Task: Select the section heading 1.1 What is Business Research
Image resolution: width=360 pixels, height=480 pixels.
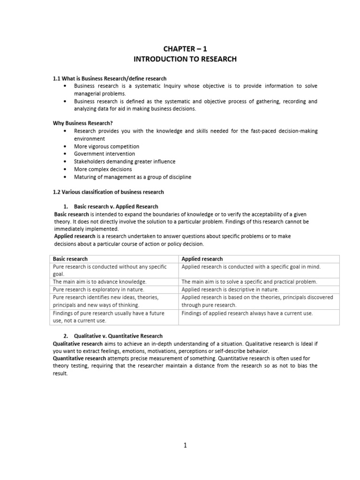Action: (x=109, y=78)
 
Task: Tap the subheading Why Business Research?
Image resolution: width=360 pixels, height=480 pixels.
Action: (x=83, y=123)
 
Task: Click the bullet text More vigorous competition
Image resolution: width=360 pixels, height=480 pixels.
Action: (x=106, y=146)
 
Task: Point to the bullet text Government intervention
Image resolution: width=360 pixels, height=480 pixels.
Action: (x=104, y=154)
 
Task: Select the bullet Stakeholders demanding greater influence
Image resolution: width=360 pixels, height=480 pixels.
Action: (x=124, y=161)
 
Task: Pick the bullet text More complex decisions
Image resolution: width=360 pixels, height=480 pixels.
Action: (x=103, y=169)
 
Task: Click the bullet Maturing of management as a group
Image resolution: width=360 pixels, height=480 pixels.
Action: (x=132, y=177)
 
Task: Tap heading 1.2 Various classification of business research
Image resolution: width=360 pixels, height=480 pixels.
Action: (x=108, y=192)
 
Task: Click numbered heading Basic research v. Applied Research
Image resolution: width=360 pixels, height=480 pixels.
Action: (x=116, y=206)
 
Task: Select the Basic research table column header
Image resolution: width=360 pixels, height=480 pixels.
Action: (x=70, y=259)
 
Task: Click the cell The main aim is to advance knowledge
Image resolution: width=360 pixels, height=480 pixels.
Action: (x=99, y=282)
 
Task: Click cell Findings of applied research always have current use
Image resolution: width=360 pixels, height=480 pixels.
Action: (x=247, y=313)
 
